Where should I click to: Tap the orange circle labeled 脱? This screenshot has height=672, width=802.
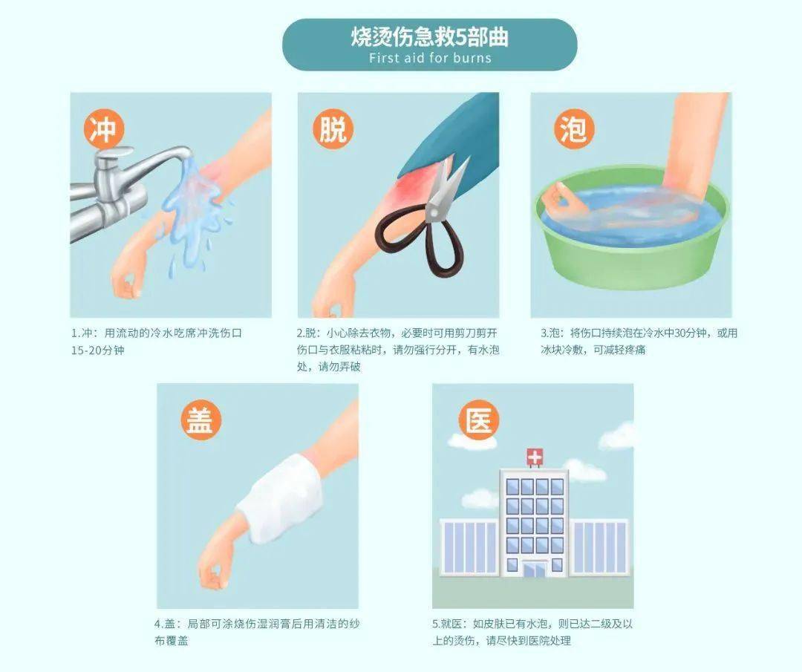pos(332,130)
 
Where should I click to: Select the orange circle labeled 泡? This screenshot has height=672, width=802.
pos(573,130)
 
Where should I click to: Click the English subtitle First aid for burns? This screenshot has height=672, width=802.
pos(430,57)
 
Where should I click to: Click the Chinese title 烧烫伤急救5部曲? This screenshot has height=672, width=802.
pos(430,37)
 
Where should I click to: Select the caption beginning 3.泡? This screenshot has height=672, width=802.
pos(639,341)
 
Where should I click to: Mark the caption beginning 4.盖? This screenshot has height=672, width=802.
pos(256,632)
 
